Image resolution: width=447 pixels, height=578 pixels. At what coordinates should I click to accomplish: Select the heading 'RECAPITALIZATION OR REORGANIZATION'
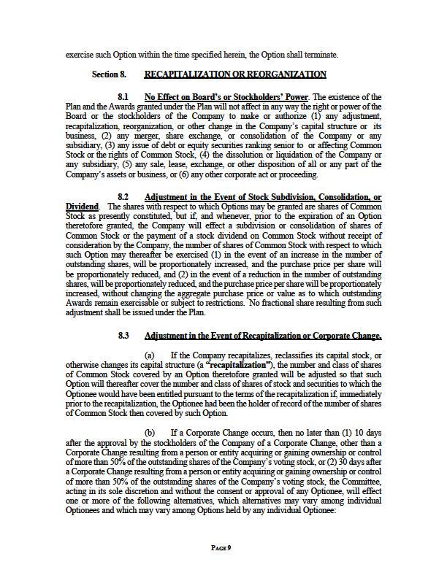point(235,74)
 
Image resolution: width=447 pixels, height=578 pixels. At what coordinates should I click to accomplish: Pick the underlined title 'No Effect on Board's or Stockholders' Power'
point(227,97)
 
